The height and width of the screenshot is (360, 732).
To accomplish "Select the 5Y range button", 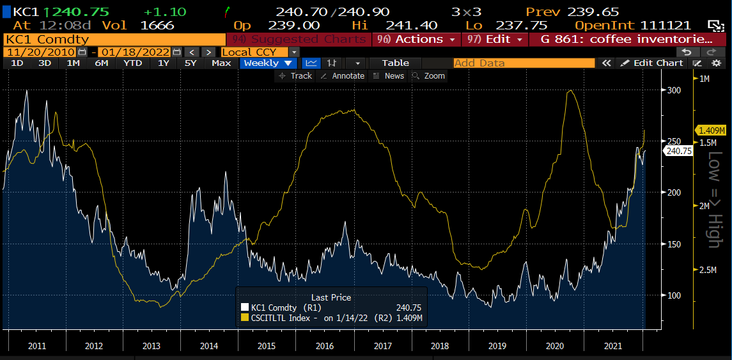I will pyautogui.click(x=191, y=63).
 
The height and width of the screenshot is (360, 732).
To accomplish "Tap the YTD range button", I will pyautogui.click(x=133, y=63).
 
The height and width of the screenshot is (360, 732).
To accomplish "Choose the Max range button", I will pyautogui.click(x=221, y=63).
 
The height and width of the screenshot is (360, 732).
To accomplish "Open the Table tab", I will pyautogui.click(x=395, y=63).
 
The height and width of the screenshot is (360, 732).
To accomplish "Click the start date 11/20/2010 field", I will pyautogui.click(x=40, y=52).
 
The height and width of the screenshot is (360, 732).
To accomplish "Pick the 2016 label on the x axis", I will pyautogui.click(x=325, y=346).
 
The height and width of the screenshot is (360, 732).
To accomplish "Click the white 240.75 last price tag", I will pyautogui.click(x=679, y=152).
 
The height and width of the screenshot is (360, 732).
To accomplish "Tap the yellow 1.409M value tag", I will pyautogui.click(x=712, y=130).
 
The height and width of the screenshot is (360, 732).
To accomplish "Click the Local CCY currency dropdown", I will pyautogui.click(x=260, y=52).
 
